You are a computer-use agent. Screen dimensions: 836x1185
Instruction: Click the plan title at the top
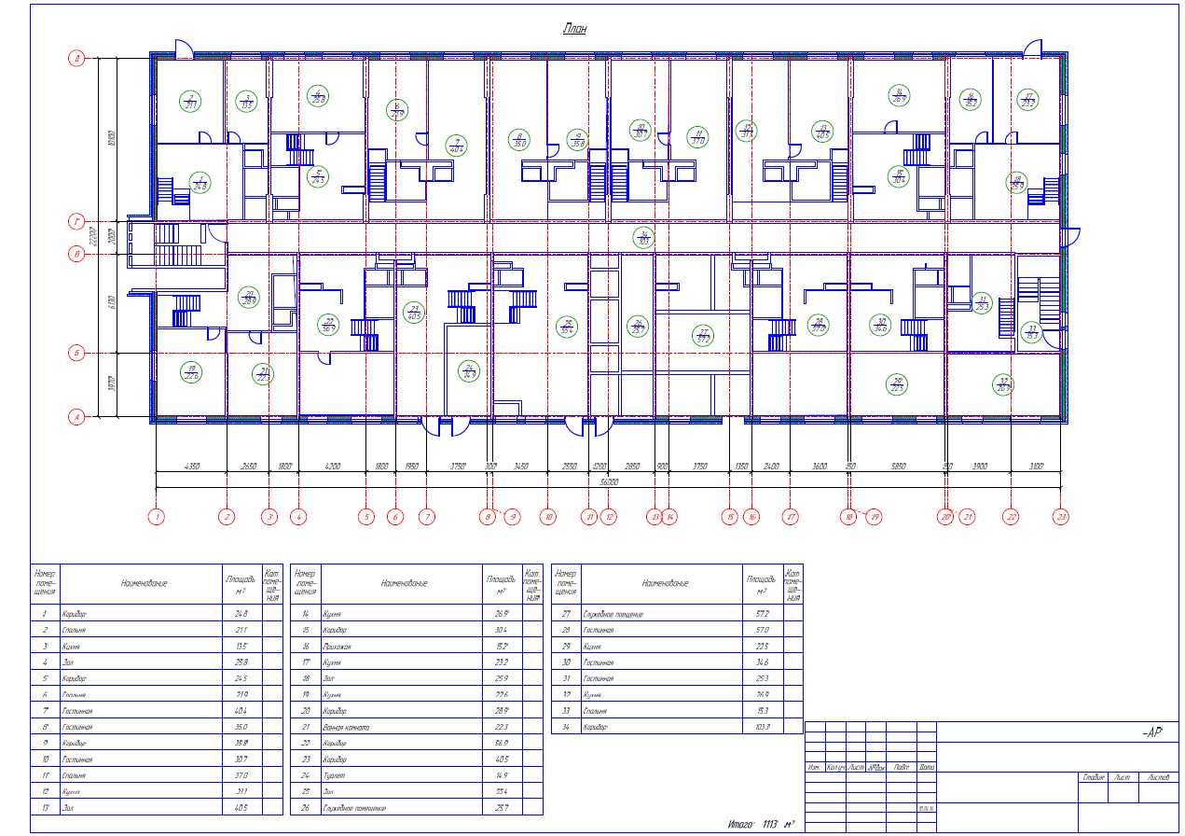point(574,30)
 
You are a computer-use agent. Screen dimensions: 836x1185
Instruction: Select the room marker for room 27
point(704,335)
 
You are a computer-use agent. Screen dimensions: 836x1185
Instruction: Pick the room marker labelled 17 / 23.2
point(1028,99)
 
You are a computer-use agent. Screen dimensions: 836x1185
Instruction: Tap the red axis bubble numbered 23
point(1060,517)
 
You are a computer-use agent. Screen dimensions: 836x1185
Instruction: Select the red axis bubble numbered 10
point(548,517)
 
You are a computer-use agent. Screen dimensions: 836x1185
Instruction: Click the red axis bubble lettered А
point(77,417)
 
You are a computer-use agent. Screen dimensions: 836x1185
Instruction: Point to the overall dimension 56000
point(610,481)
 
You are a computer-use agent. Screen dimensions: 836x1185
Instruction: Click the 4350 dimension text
point(192,466)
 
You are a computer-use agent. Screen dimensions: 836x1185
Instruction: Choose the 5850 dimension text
point(898,466)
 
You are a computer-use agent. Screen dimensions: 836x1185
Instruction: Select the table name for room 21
point(346,727)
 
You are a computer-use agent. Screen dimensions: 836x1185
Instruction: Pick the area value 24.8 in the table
point(241,614)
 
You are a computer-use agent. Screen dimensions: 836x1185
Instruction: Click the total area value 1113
point(769,825)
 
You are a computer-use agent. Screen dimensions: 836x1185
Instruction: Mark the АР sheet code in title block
point(1151,732)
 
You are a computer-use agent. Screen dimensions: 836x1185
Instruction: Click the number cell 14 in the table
point(305,614)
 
